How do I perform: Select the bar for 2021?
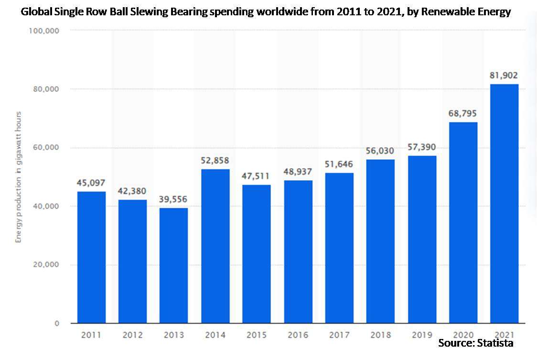pyautogui.click(x=504, y=204)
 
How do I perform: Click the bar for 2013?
pyautogui.click(x=173, y=265)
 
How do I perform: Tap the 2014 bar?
pyautogui.click(x=215, y=246)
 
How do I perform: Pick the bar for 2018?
pyautogui.click(x=380, y=241)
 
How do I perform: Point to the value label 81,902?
pyautogui.click(x=504, y=75)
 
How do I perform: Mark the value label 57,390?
pyautogui.click(x=421, y=147)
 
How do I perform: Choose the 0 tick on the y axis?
pyautogui.click(x=56, y=324)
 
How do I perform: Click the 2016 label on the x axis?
pyautogui.click(x=298, y=336)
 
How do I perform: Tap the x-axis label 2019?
pyautogui.click(x=421, y=336)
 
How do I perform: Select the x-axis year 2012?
pyautogui.click(x=132, y=336)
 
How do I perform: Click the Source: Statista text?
pyautogui.click(x=475, y=343)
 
